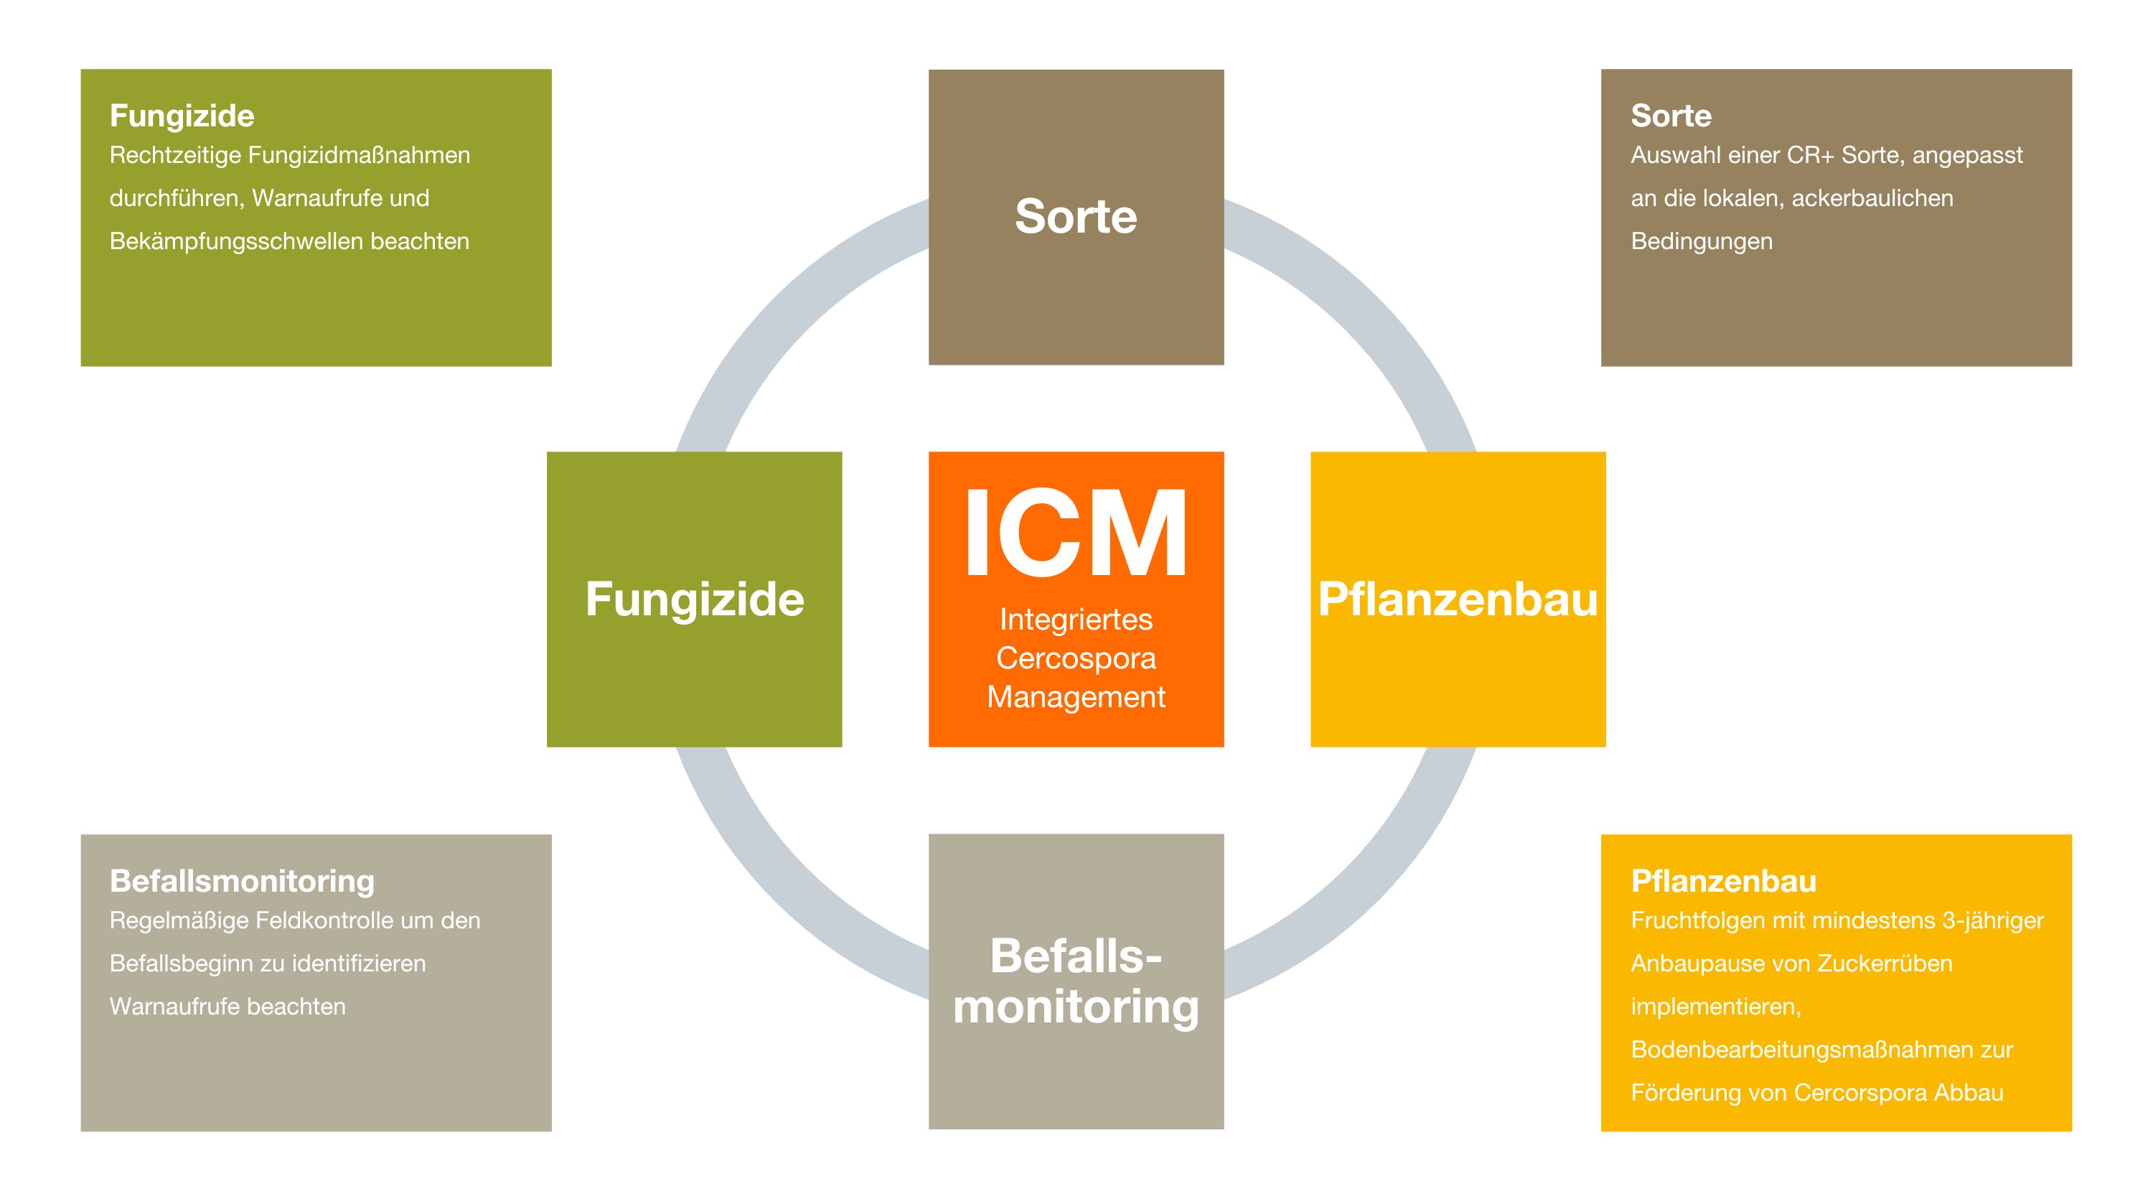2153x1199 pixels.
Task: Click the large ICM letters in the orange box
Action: tap(1076, 533)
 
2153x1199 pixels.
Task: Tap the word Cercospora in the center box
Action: tap(1076, 658)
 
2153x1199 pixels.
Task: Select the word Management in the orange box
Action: tap(1076, 696)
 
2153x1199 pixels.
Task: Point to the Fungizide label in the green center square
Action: tap(695, 599)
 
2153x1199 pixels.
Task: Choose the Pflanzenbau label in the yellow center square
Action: tap(1458, 599)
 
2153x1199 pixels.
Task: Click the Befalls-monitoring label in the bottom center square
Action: tap(1076, 981)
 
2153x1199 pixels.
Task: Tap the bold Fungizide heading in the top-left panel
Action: tap(182, 116)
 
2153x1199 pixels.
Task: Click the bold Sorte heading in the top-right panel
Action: tap(1671, 116)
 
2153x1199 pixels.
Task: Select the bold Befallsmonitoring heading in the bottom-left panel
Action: tap(242, 881)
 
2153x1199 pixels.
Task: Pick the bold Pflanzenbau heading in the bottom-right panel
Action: tap(1723, 881)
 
